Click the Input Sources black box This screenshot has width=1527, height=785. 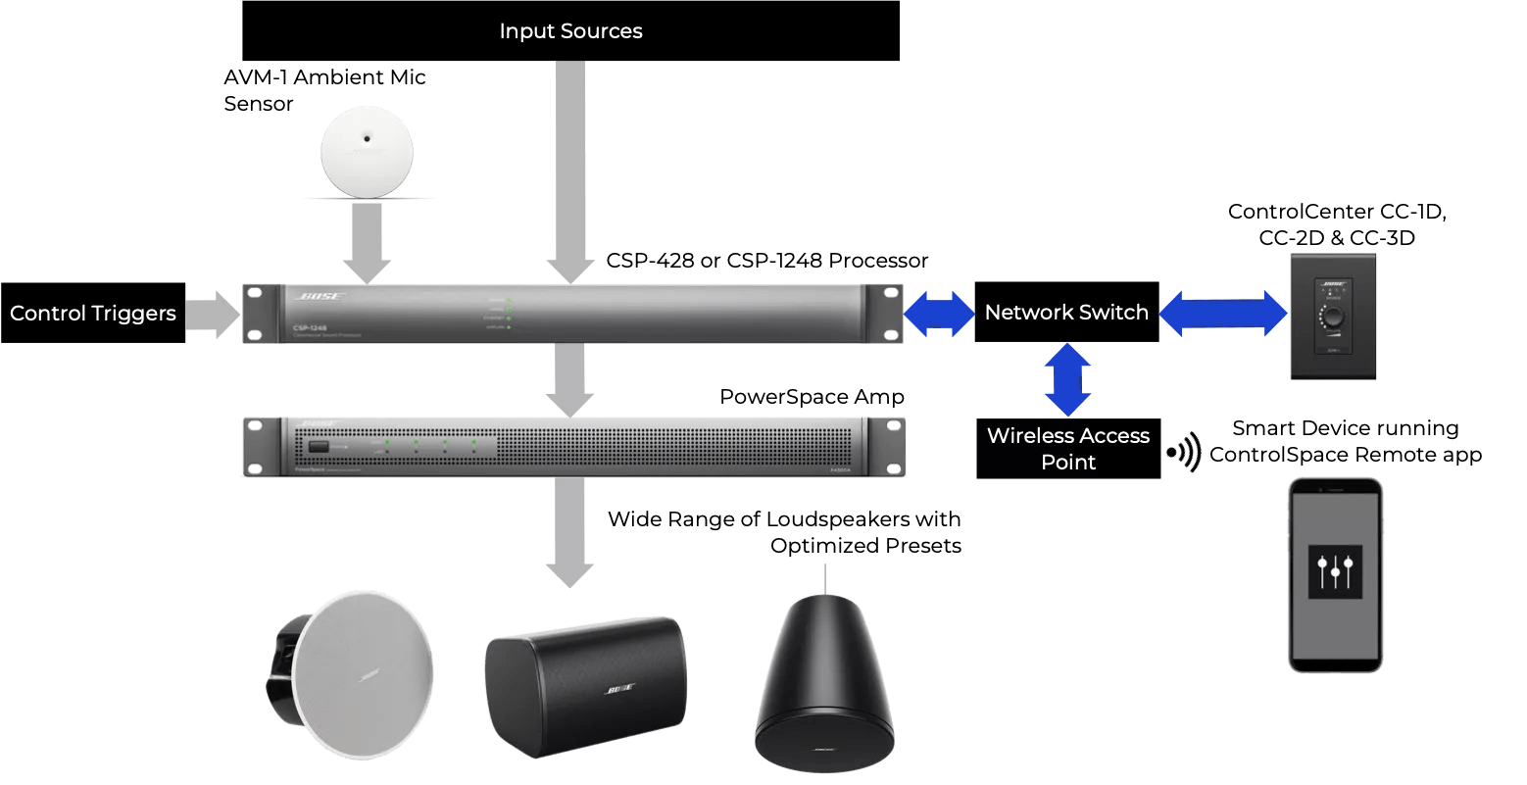[x=570, y=30]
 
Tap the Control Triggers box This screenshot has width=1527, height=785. [x=93, y=314]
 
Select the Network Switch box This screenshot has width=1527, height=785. [x=1066, y=313]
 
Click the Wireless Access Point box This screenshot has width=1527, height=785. [x=1068, y=449]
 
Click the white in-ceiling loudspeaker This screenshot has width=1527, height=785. [x=354, y=665]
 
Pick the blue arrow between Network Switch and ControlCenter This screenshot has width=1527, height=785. [x=1224, y=313]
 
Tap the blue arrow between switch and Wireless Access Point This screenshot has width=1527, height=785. [x=1067, y=379]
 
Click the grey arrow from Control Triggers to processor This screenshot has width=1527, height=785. [x=213, y=314]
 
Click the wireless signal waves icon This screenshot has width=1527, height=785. [x=1184, y=453]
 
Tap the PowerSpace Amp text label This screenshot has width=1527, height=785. [x=812, y=397]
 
